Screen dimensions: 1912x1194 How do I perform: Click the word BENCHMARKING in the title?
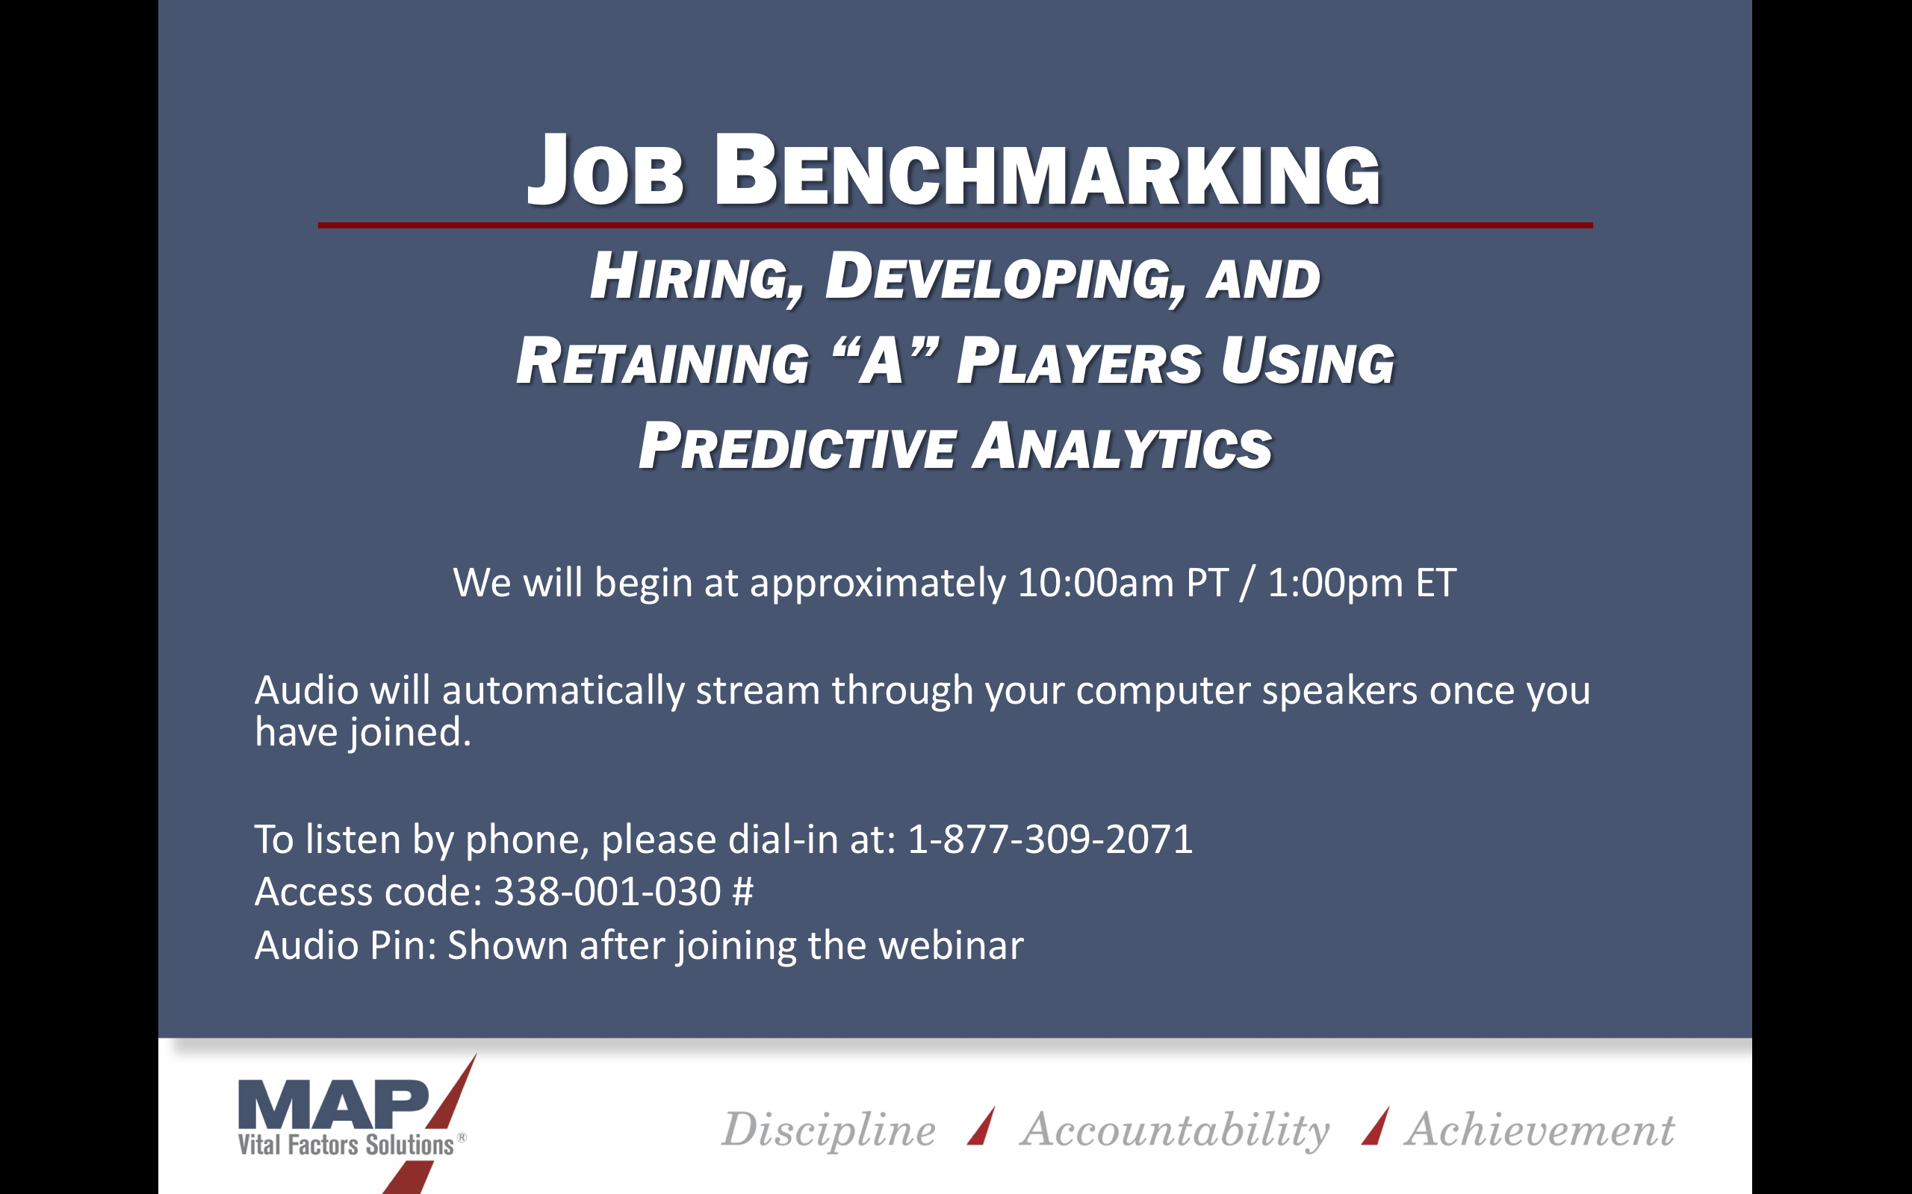(x=1048, y=171)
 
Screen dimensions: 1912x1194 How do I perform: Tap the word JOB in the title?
(x=604, y=171)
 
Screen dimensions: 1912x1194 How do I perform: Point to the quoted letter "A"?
(x=886, y=361)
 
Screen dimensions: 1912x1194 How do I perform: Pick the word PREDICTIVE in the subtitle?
(x=797, y=446)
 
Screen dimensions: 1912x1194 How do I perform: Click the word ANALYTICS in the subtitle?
(x=1123, y=446)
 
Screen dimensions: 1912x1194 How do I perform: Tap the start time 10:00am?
(x=1096, y=583)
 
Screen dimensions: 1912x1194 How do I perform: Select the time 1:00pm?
(x=1336, y=583)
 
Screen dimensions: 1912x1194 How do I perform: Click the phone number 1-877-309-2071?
(x=1050, y=839)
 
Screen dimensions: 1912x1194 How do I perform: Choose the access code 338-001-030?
(x=606, y=892)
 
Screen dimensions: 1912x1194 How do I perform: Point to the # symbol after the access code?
(x=742, y=892)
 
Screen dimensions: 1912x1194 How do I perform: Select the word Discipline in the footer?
(x=829, y=1130)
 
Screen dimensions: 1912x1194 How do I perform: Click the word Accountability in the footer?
(x=1175, y=1130)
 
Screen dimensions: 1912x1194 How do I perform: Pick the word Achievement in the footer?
(x=1540, y=1130)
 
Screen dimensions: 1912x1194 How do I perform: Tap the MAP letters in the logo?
(x=333, y=1105)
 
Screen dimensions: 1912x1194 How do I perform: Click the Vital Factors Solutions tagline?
(x=346, y=1145)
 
